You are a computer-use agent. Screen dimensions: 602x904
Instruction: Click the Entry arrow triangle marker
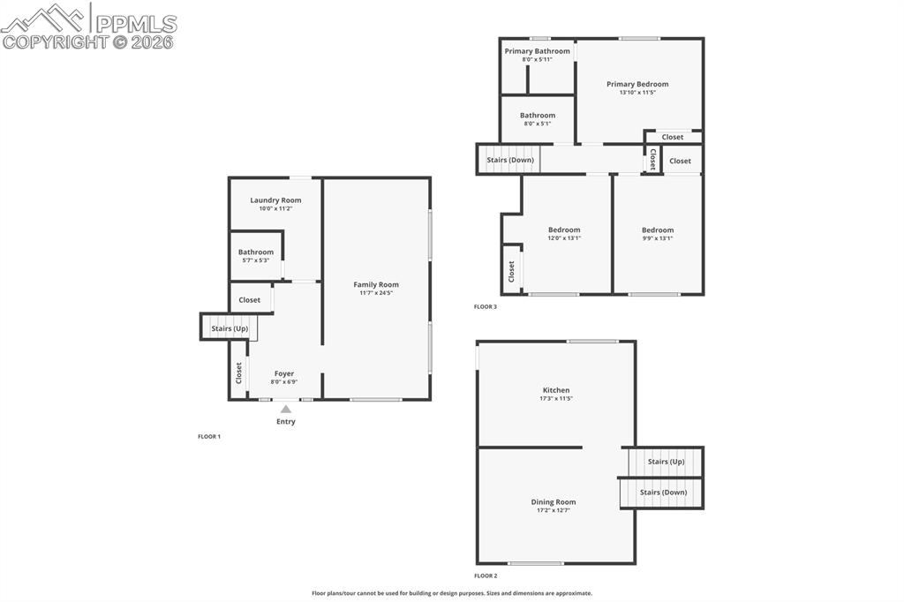285,409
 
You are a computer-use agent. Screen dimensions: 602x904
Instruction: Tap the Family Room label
376,284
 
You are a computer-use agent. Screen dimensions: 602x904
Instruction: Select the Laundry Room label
275,200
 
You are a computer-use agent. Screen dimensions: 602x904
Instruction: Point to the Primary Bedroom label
637,84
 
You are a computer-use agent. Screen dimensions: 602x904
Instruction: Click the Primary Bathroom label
537,51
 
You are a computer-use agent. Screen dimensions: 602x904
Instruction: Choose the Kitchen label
556,390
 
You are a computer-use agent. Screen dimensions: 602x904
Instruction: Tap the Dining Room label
554,502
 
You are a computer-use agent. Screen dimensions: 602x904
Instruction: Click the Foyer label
283,373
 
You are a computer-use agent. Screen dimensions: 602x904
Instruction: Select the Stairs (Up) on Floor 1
230,328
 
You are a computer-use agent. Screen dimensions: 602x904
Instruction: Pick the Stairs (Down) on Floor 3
510,160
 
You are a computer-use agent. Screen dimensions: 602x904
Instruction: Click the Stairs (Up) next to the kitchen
666,462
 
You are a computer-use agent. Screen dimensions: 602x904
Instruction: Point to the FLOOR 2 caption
486,576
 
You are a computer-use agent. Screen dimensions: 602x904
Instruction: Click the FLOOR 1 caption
209,436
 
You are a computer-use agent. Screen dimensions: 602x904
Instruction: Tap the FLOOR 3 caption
486,306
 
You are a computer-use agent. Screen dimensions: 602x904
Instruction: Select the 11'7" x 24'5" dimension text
376,293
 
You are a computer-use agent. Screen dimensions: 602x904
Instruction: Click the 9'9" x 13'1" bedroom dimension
657,238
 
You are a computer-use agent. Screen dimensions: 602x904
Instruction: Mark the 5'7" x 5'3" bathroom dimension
255,260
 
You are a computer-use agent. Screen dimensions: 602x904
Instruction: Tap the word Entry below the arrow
286,421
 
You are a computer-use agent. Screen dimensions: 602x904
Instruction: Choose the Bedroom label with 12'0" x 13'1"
564,230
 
